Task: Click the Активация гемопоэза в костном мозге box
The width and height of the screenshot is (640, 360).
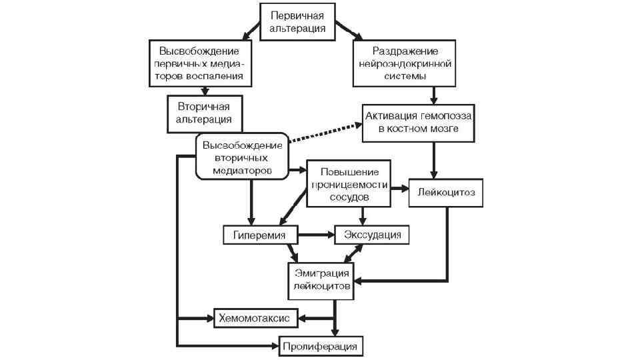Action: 418,123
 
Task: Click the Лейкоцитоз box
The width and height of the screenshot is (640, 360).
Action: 444,192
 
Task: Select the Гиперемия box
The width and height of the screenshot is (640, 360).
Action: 259,235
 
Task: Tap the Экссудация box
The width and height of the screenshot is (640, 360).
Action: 372,235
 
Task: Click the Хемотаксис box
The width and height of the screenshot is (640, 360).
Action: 255,319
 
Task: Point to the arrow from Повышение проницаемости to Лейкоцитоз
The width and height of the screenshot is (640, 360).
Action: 399,189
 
